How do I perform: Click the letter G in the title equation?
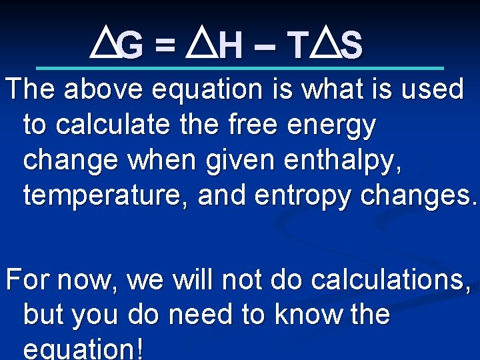[131, 47]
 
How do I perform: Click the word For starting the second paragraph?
[27, 280]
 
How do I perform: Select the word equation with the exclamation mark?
[83, 349]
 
